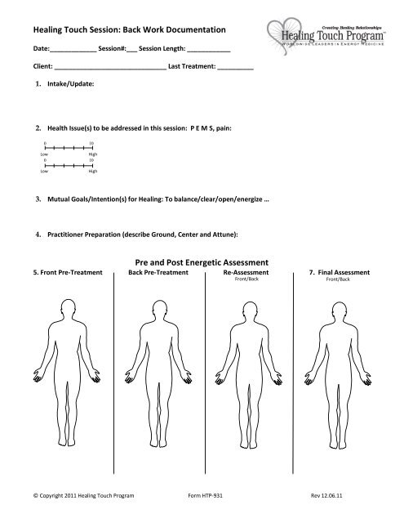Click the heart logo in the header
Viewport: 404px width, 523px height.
tap(284, 26)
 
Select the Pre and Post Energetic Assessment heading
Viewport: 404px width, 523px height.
tap(202, 261)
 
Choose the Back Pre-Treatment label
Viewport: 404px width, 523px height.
tap(156, 272)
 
